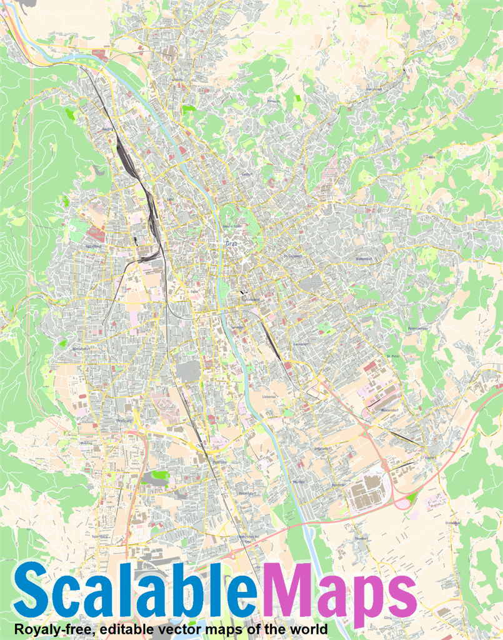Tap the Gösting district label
[107, 129]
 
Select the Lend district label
[169, 200]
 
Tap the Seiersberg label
[100, 536]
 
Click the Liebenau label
[269, 396]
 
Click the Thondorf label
[362, 537]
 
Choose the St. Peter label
[392, 356]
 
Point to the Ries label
[431, 157]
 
